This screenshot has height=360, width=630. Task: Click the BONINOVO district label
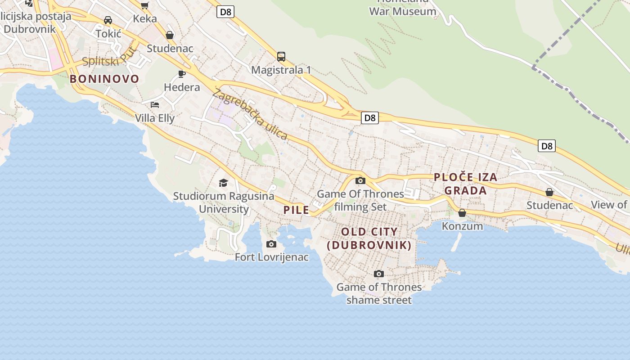pyautogui.click(x=104, y=79)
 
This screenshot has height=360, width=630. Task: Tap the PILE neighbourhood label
pyautogui.click(x=296, y=210)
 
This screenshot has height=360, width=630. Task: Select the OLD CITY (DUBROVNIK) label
pyautogui.click(x=369, y=238)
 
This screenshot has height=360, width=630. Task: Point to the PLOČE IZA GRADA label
pyautogui.click(x=466, y=184)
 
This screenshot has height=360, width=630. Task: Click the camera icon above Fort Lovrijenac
pyautogui.click(x=271, y=244)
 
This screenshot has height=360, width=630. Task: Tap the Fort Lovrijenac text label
pyautogui.click(x=272, y=257)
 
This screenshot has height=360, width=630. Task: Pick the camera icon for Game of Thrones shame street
pyautogui.click(x=379, y=274)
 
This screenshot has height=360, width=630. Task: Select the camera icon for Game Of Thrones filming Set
pyautogui.click(x=360, y=180)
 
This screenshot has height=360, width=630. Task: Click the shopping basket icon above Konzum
pyautogui.click(x=462, y=213)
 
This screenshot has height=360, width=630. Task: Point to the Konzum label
pyautogui.click(x=462, y=226)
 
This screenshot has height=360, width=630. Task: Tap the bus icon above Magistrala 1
pyautogui.click(x=281, y=57)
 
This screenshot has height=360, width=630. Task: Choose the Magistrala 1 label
pyautogui.click(x=281, y=70)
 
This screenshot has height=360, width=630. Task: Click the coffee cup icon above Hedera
pyautogui.click(x=182, y=74)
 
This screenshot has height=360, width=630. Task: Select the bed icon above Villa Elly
pyautogui.click(x=155, y=105)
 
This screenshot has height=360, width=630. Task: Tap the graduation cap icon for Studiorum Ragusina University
pyautogui.click(x=223, y=183)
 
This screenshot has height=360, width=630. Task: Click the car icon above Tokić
pyautogui.click(x=108, y=20)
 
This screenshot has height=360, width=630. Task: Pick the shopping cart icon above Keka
pyautogui.click(x=144, y=5)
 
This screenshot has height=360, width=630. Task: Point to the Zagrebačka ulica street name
pyautogui.click(x=250, y=114)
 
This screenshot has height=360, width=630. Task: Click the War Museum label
pyautogui.click(x=402, y=11)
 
